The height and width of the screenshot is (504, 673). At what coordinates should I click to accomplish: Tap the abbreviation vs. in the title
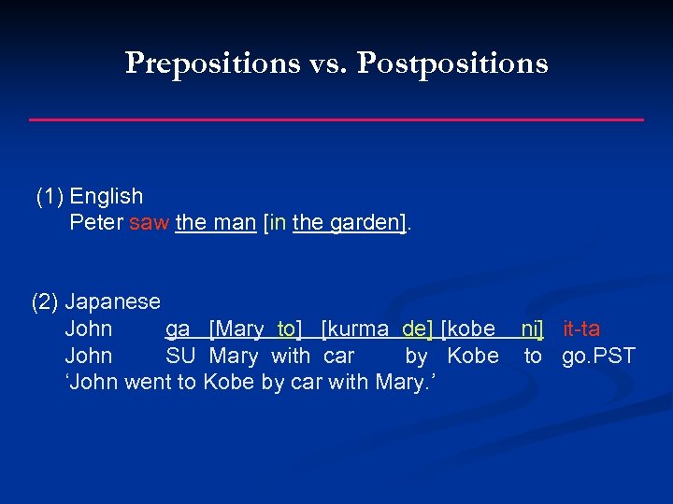[327, 63]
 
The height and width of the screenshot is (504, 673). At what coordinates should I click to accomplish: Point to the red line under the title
[336, 119]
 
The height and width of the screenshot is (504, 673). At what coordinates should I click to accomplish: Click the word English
[107, 196]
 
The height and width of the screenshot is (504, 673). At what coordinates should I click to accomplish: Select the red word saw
[150, 223]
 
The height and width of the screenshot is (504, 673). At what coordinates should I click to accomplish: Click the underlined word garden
[365, 223]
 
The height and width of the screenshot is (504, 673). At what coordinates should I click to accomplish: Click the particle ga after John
[178, 329]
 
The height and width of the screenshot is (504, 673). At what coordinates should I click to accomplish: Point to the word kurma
[359, 329]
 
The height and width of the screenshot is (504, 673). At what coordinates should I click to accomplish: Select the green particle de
[416, 329]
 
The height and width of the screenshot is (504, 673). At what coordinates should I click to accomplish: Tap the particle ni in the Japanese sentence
[531, 329]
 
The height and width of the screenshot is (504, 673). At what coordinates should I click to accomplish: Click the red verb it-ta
[581, 329]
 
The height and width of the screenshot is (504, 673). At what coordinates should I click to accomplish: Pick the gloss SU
[179, 356]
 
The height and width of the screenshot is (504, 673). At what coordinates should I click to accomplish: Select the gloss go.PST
[598, 356]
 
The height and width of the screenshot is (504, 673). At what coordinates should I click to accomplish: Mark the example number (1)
[50, 196]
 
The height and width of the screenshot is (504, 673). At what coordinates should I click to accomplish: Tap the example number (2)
[45, 302]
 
